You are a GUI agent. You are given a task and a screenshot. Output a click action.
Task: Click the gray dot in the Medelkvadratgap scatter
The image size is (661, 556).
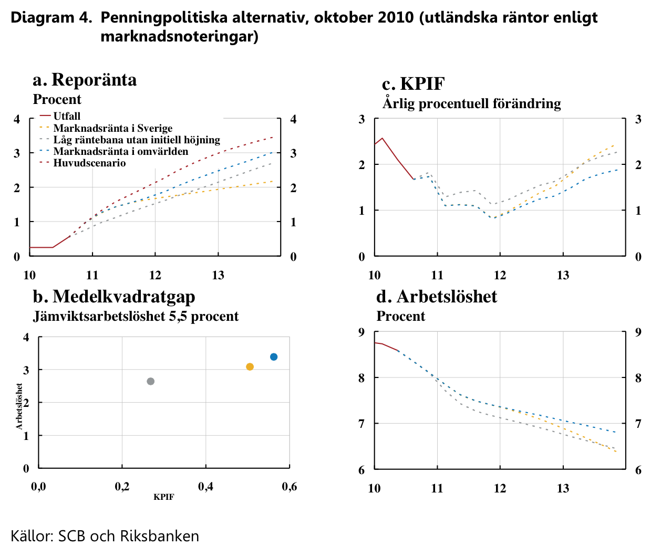pyautogui.click(x=151, y=381)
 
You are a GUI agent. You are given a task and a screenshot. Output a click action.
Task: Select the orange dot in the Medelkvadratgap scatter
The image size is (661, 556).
pyautogui.click(x=250, y=366)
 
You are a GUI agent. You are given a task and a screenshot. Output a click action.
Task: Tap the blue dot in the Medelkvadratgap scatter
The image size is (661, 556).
pyautogui.click(x=274, y=357)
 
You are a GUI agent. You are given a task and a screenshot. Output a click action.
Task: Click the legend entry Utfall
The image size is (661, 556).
pyautogui.click(x=67, y=116)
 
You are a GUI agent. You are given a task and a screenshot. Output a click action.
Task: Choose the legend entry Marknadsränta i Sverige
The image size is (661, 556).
pyautogui.click(x=112, y=128)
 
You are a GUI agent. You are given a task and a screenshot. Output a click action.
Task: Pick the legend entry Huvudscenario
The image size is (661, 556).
pyautogui.click(x=89, y=163)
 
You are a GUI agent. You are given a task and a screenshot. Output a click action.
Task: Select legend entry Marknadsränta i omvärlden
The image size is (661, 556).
pyautogui.click(x=120, y=151)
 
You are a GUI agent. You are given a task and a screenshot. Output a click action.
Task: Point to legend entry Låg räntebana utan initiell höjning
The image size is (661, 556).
pyautogui.click(x=137, y=140)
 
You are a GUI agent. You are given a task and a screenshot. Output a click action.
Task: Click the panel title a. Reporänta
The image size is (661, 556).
pyautogui.click(x=85, y=80)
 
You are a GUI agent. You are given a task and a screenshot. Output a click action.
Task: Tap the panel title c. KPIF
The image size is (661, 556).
pyautogui.click(x=414, y=84)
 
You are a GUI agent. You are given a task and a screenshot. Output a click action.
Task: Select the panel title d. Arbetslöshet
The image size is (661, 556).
pyautogui.click(x=437, y=297)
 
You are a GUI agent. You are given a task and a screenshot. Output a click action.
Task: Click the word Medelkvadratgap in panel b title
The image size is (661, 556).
pyautogui.click(x=124, y=297)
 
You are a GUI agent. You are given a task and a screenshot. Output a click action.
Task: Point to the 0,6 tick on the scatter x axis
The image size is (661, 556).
pyautogui.click(x=290, y=487)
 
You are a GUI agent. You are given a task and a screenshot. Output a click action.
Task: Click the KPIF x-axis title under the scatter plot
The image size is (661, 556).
pyautogui.click(x=163, y=497)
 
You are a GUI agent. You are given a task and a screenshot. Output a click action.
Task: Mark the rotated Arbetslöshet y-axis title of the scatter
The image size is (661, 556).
pyautogui.click(x=19, y=406)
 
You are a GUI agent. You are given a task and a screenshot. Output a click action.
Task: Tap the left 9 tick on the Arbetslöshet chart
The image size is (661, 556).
pyautogui.click(x=362, y=332)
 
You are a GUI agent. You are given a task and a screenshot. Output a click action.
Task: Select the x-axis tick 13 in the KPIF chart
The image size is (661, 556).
pyautogui.click(x=563, y=275)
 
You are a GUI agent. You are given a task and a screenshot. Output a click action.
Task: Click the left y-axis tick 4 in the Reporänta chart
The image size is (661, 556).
pyautogui.click(x=17, y=119)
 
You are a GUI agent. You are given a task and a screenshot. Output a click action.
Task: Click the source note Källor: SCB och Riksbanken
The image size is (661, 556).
pyautogui.click(x=105, y=536)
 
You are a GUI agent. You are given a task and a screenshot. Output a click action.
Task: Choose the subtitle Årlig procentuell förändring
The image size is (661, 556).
pyautogui.click(x=471, y=103)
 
